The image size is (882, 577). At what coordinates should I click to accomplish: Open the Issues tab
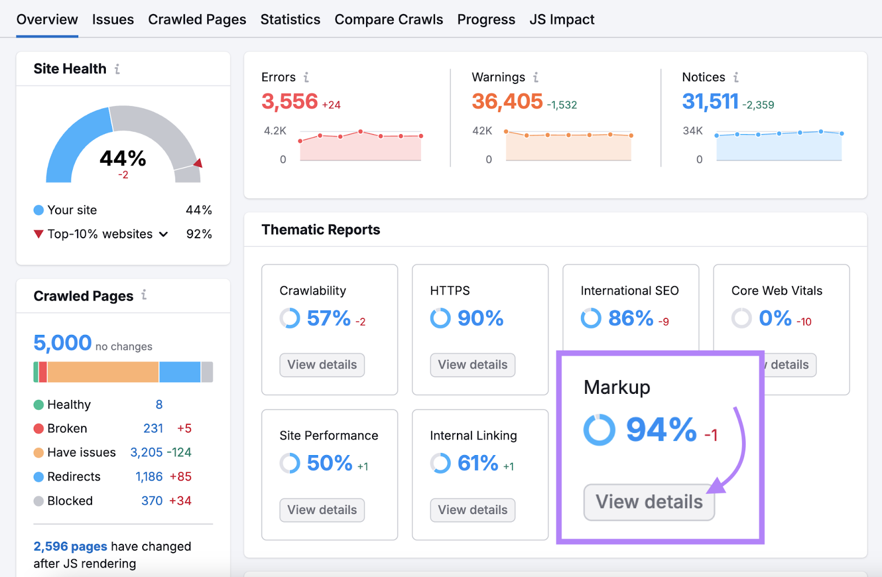pyautogui.click(x=112, y=20)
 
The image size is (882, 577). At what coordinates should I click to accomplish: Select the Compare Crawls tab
pyautogui.click(x=389, y=20)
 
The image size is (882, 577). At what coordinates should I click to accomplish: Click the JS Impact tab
pyautogui.click(x=562, y=20)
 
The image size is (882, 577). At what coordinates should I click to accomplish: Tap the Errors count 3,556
pyautogui.click(x=289, y=101)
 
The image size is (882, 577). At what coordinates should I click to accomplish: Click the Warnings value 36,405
pyautogui.click(x=507, y=101)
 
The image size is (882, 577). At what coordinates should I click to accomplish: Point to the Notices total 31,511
pyautogui.click(x=710, y=101)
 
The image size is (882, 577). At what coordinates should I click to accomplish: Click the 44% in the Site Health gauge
pyautogui.click(x=123, y=159)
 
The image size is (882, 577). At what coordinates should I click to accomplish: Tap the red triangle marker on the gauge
pyautogui.click(x=198, y=163)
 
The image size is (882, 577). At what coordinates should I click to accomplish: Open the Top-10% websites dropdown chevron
pyautogui.click(x=164, y=234)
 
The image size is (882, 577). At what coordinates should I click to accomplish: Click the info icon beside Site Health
pyautogui.click(x=117, y=69)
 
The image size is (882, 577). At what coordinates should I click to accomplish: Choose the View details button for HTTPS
pyautogui.click(x=472, y=365)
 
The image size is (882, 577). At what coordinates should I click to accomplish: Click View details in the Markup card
pyautogui.click(x=649, y=502)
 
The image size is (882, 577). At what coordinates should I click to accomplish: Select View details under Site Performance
pyautogui.click(x=322, y=510)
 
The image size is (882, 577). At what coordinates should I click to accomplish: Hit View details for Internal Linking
pyautogui.click(x=472, y=510)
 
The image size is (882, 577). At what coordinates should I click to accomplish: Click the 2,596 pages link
pyautogui.click(x=70, y=547)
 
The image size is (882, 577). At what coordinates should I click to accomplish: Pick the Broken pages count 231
pyautogui.click(x=153, y=429)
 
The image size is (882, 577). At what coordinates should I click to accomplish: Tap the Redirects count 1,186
pyautogui.click(x=149, y=477)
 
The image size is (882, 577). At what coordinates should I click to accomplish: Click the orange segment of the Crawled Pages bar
pyautogui.click(x=103, y=372)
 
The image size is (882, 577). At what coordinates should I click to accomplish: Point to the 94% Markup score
pyautogui.click(x=661, y=430)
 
